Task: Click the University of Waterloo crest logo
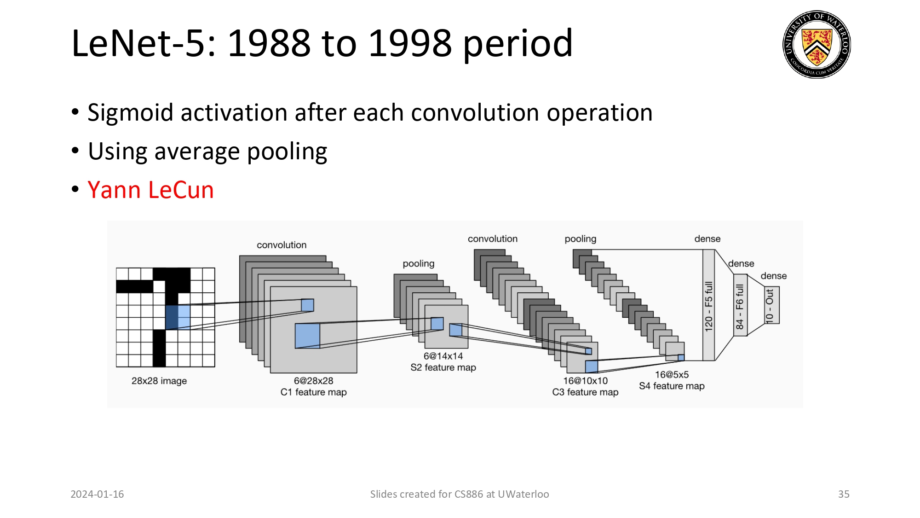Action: (816, 45)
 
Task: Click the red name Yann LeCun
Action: (150, 190)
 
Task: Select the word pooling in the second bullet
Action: (287, 152)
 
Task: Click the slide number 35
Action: (843, 494)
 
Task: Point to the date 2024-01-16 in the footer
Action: (97, 494)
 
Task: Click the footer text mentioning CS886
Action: (459, 494)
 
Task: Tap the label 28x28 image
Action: (159, 381)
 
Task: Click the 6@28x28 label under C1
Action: (313, 381)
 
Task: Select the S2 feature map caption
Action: (443, 367)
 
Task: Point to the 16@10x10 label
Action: (585, 381)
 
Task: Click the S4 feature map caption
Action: (672, 386)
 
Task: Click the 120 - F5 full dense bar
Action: (708, 305)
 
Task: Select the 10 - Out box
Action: (771, 305)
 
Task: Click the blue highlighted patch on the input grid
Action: (178, 317)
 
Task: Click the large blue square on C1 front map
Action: (307, 336)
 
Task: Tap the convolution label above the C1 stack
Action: (282, 245)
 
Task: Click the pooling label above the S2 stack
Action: (418, 263)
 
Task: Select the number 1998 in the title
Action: (410, 43)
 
